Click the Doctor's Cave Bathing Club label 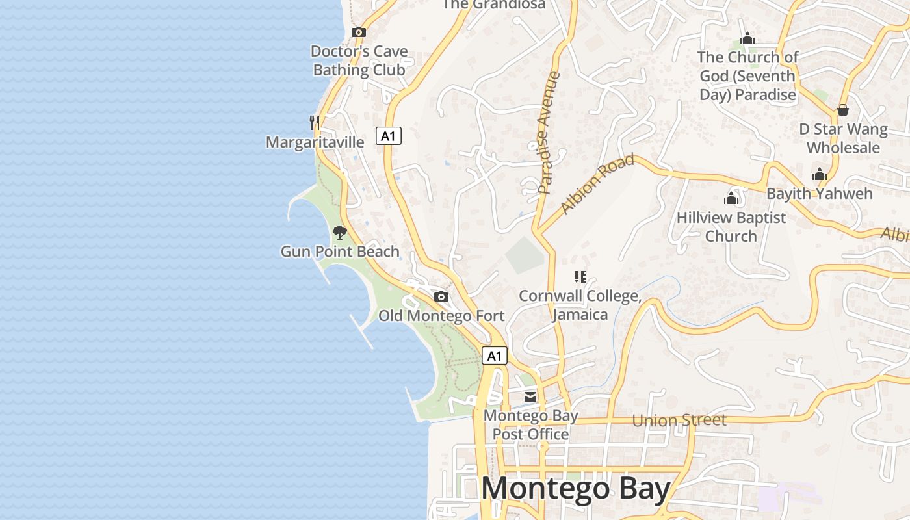359,60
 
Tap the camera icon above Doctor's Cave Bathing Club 358,32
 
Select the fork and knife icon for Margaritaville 315,122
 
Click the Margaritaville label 315,142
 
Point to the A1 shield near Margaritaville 388,136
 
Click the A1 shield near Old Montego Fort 495,356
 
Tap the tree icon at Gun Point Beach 339,232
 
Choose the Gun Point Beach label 340,252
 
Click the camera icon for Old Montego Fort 441,297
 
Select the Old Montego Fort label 441,316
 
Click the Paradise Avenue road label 549,133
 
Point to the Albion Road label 597,184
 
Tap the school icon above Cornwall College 580,277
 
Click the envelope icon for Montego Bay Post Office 531,396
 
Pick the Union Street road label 679,421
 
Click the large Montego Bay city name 576,489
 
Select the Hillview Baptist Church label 731,227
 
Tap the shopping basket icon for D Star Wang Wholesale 843,110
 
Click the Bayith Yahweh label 819,193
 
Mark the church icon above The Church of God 747,38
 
